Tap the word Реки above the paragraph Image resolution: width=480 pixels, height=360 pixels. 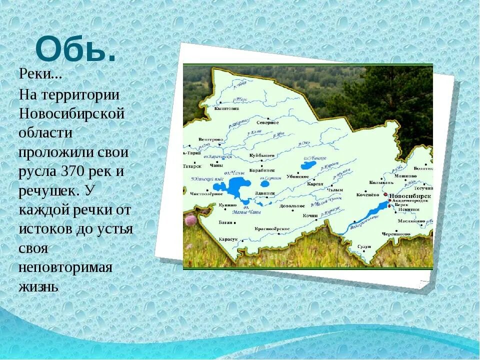tap(40, 74)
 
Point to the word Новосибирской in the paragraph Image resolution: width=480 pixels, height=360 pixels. tap(71, 113)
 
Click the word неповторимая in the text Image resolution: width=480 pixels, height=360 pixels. tap(65, 266)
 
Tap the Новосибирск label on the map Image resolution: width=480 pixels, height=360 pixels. tap(410, 195)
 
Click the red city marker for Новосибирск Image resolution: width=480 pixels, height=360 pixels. tap(385, 195)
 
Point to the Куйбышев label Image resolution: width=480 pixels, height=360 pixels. tap(262, 156)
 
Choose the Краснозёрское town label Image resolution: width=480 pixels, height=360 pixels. tap(272, 228)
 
